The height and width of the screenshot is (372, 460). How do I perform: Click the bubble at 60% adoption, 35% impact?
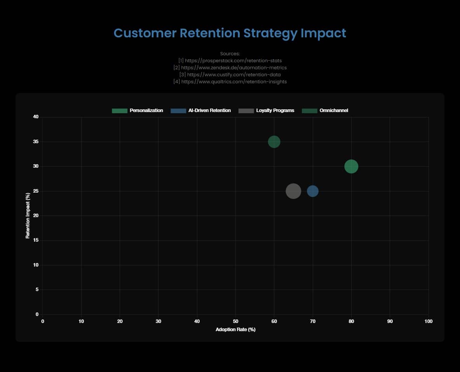[x=274, y=142]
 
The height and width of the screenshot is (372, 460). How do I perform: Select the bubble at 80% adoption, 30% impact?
[x=351, y=167]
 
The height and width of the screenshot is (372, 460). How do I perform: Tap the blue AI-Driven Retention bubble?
[x=313, y=191]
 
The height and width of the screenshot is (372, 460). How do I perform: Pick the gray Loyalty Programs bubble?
[x=293, y=191]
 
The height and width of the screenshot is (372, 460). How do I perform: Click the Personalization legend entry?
[x=137, y=111]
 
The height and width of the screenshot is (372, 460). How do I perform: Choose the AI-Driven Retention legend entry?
[x=200, y=111]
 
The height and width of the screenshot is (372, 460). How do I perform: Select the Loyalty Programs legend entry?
[x=267, y=111]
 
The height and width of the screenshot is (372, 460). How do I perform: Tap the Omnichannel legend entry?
[x=325, y=111]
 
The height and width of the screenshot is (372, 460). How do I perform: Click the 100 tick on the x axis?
[x=428, y=321]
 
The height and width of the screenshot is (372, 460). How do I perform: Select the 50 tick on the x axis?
[x=235, y=321]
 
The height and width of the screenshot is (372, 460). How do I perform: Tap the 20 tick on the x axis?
[x=120, y=321]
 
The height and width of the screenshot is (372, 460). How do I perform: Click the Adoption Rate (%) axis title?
[x=235, y=330]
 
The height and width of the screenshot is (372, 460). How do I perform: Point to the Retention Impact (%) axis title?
[x=28, y=216]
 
